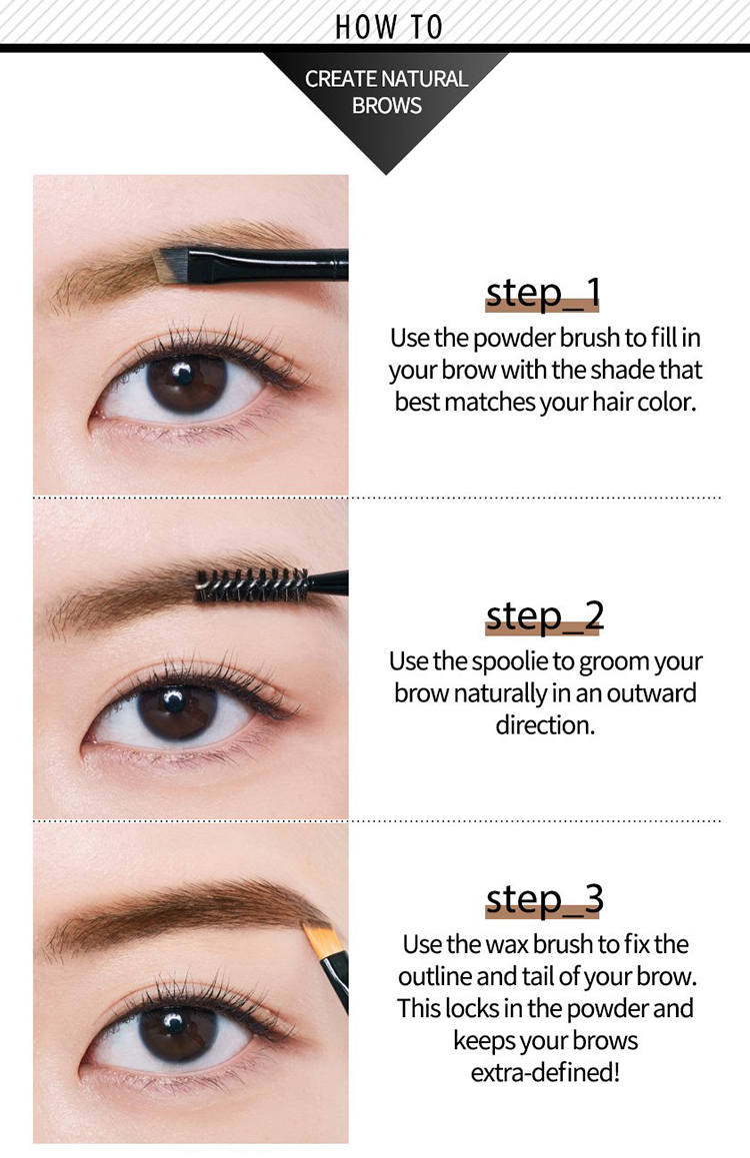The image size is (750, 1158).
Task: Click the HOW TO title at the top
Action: [x=388, y=27]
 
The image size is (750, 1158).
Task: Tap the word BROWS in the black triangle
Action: [x=386, y=105]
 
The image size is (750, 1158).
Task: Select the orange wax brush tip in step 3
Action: [x=319, y=939]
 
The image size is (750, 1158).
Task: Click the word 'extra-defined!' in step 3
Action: [x=545, y=1073]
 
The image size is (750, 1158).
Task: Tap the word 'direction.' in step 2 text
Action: [x=545, y=725]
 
